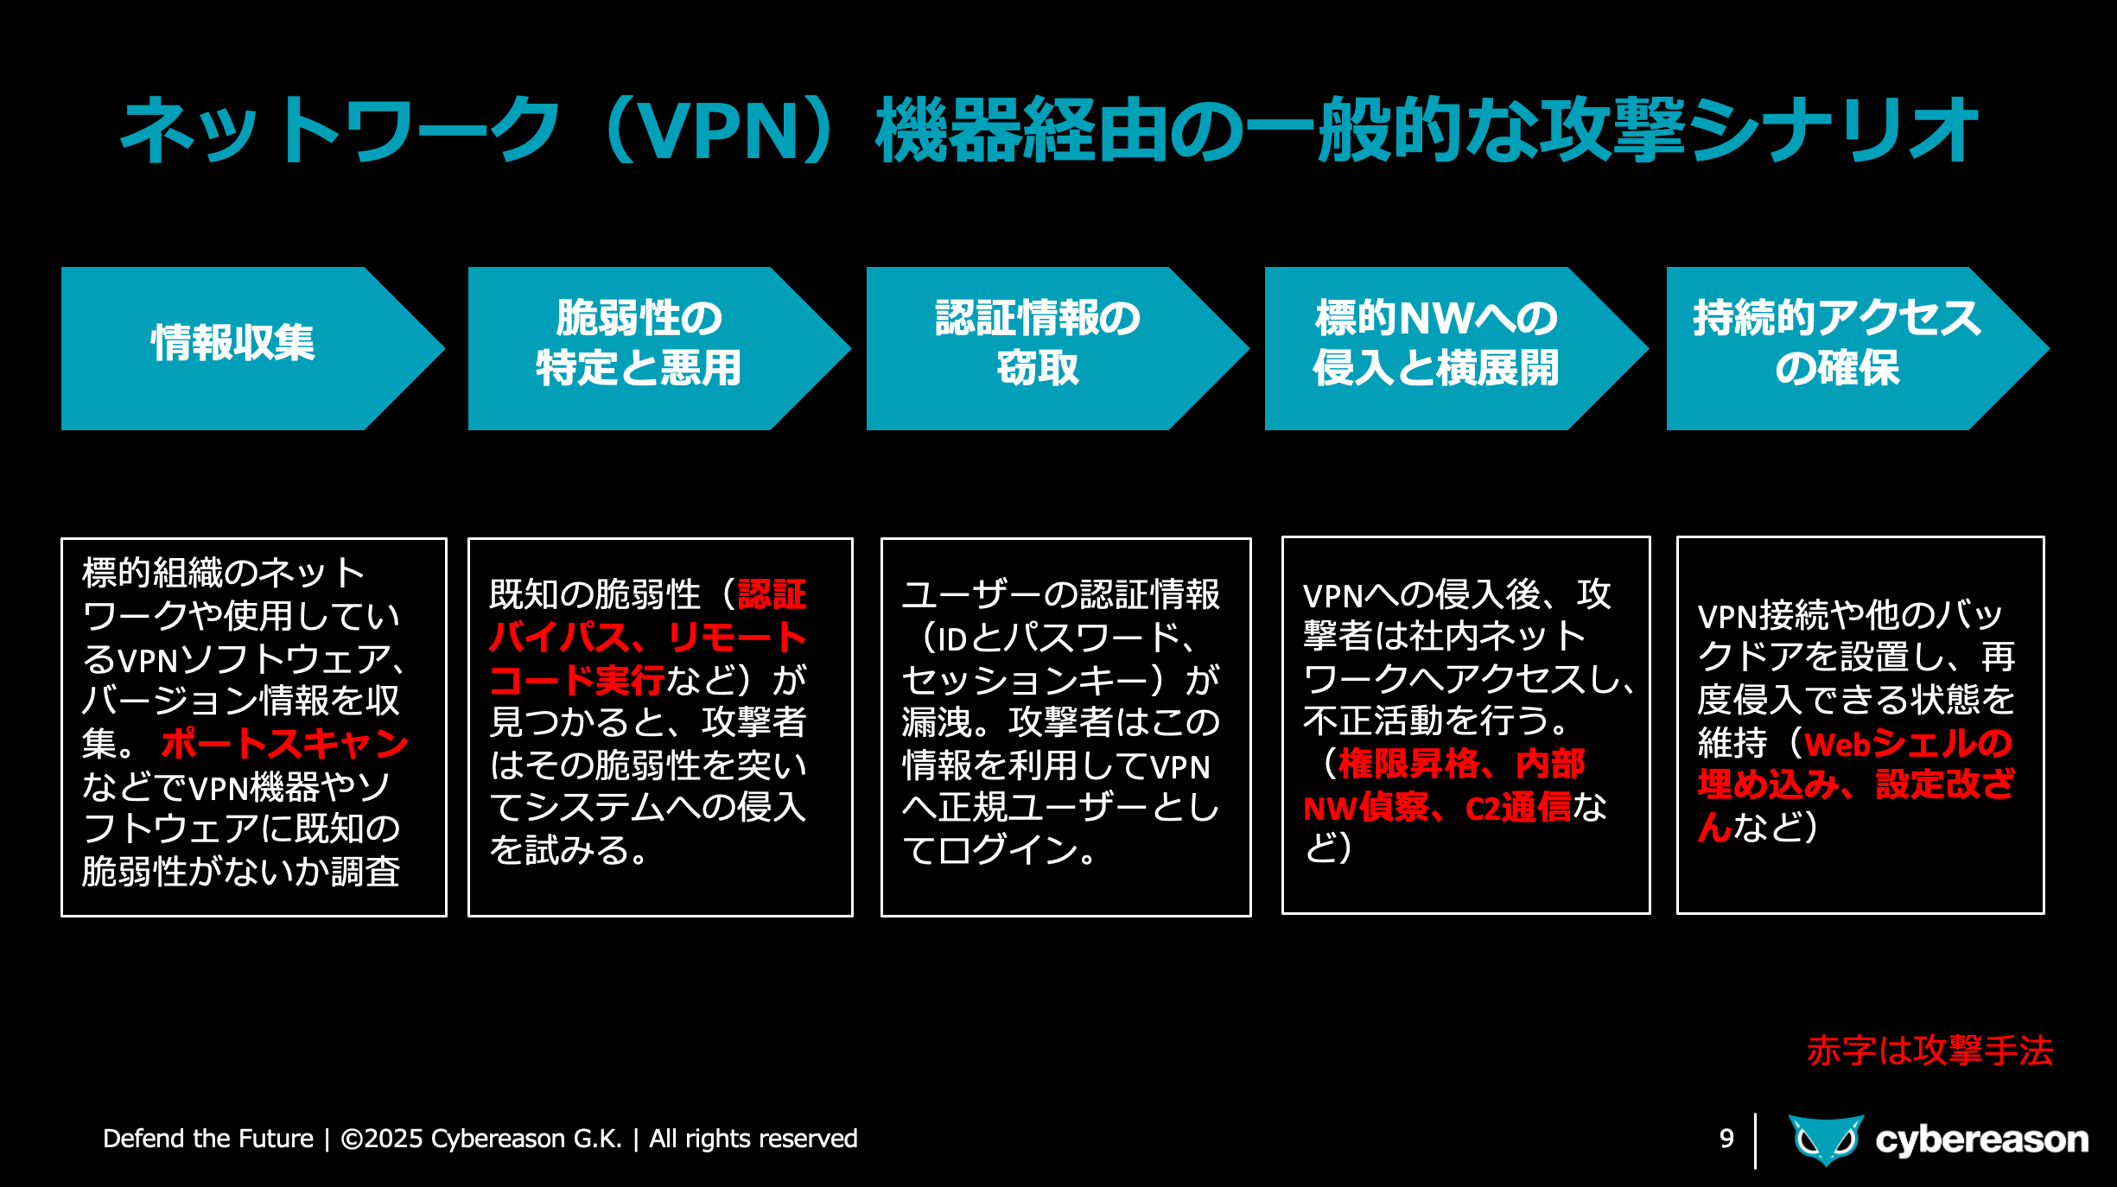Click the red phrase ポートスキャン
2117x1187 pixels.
coord(285,744)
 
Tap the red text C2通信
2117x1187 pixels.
coord(1518,808)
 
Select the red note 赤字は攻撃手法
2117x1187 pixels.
coord(1929,1051)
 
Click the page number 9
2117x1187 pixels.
coord(1726,1139)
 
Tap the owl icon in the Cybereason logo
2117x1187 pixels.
coord(1826,1139)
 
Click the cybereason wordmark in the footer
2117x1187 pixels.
coord(1981,1140)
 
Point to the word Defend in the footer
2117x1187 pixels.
coord(143,1139)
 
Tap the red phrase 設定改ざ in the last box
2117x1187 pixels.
coord(1944,785)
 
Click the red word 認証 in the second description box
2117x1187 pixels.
coord(772,594)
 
